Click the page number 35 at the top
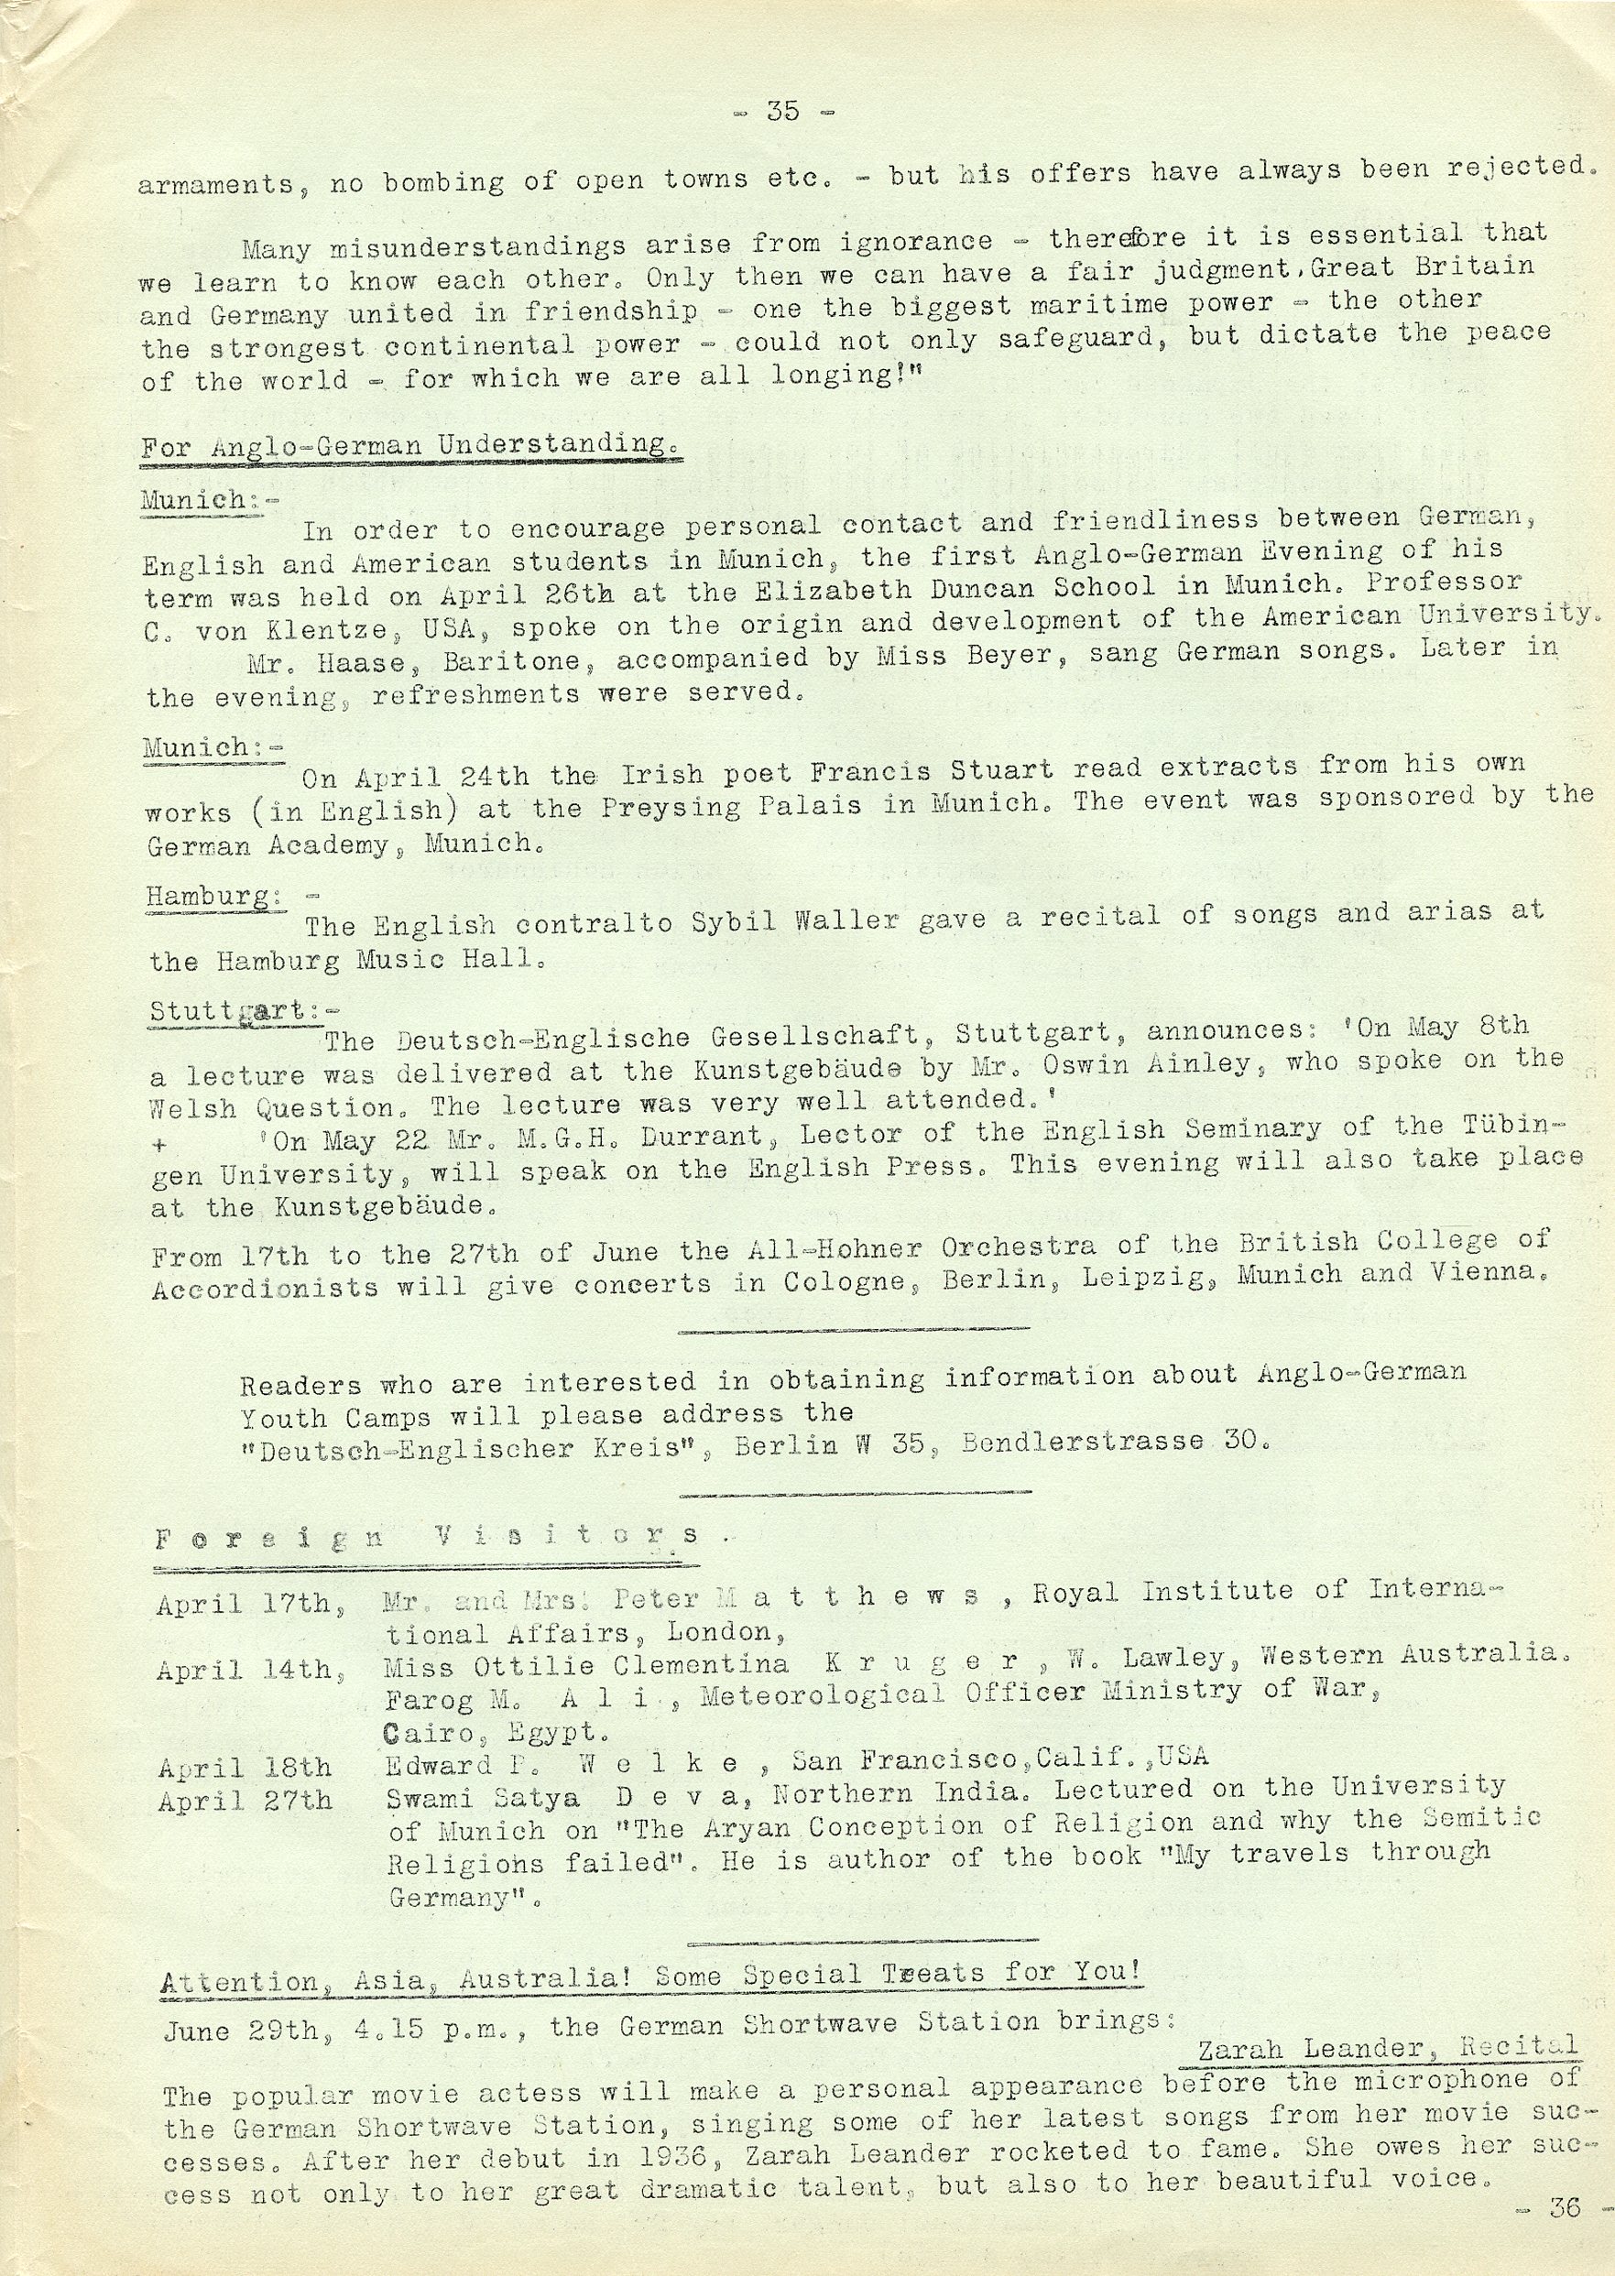pos(782,112)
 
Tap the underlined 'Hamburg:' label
pos(210,896)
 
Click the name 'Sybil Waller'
pos(785,920)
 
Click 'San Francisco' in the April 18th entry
pos(905,1760)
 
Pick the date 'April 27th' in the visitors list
pos(244,1801)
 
